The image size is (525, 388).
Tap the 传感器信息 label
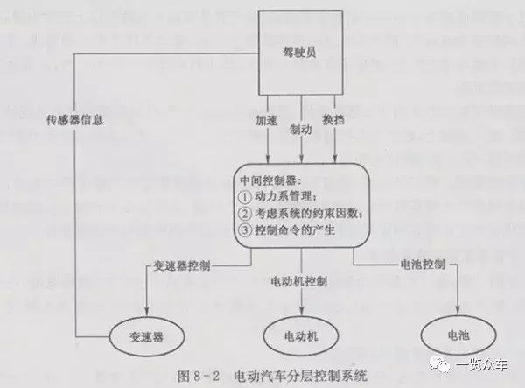75,120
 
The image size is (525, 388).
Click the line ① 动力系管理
283,195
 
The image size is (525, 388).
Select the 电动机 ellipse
299,337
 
